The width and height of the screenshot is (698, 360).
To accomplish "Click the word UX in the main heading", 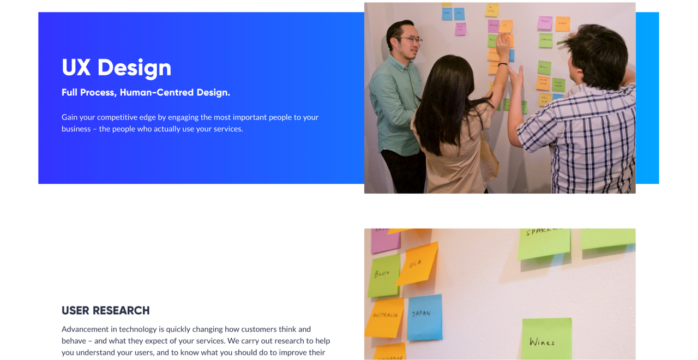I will click(x=76, y=68).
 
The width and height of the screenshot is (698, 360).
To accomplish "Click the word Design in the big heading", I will click(x=134, y=68).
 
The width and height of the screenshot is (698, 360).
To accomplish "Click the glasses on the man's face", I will click(x=413, y=40).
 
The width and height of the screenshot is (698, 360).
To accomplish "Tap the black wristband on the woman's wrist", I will click(x=502, y=64).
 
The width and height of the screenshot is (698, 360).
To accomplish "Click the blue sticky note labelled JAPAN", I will click(x=424, y=316).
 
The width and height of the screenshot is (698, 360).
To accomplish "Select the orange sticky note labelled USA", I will click(x=417, y=264).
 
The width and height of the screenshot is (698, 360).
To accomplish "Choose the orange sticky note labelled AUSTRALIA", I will click(x=385, y=316).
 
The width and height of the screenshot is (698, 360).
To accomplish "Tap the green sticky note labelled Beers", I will click(x=383, y=275).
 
